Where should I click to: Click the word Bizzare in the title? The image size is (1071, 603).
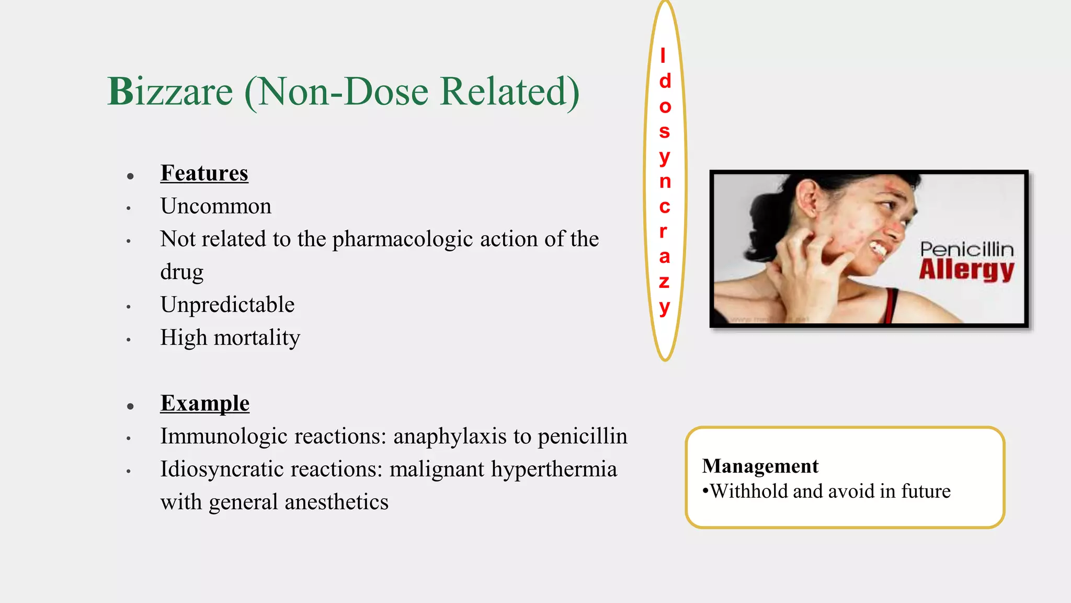170,92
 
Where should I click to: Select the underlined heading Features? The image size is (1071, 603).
204,173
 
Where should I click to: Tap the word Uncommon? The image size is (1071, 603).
215,206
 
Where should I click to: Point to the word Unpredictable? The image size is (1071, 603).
227,305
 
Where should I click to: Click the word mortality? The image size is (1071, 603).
257,338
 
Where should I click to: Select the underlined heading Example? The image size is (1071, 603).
204,403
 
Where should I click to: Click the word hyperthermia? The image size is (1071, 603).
554,469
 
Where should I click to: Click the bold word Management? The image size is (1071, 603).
760,466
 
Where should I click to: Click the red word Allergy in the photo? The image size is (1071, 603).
966,270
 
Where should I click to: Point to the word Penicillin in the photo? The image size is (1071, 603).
966,249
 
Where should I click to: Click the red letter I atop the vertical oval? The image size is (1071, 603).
663,55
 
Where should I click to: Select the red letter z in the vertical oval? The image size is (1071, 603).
664,282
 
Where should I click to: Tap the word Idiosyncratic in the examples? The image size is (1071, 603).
221,469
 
